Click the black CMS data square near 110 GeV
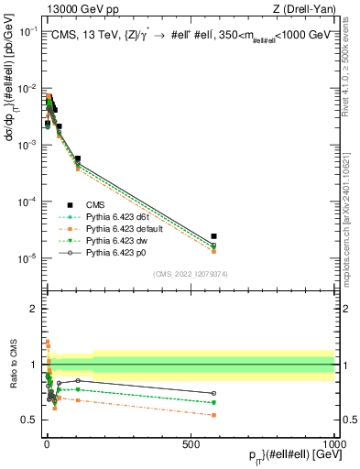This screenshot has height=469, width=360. [x=78, y=158]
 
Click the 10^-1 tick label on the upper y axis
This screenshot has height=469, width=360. [x=28, y=32]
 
